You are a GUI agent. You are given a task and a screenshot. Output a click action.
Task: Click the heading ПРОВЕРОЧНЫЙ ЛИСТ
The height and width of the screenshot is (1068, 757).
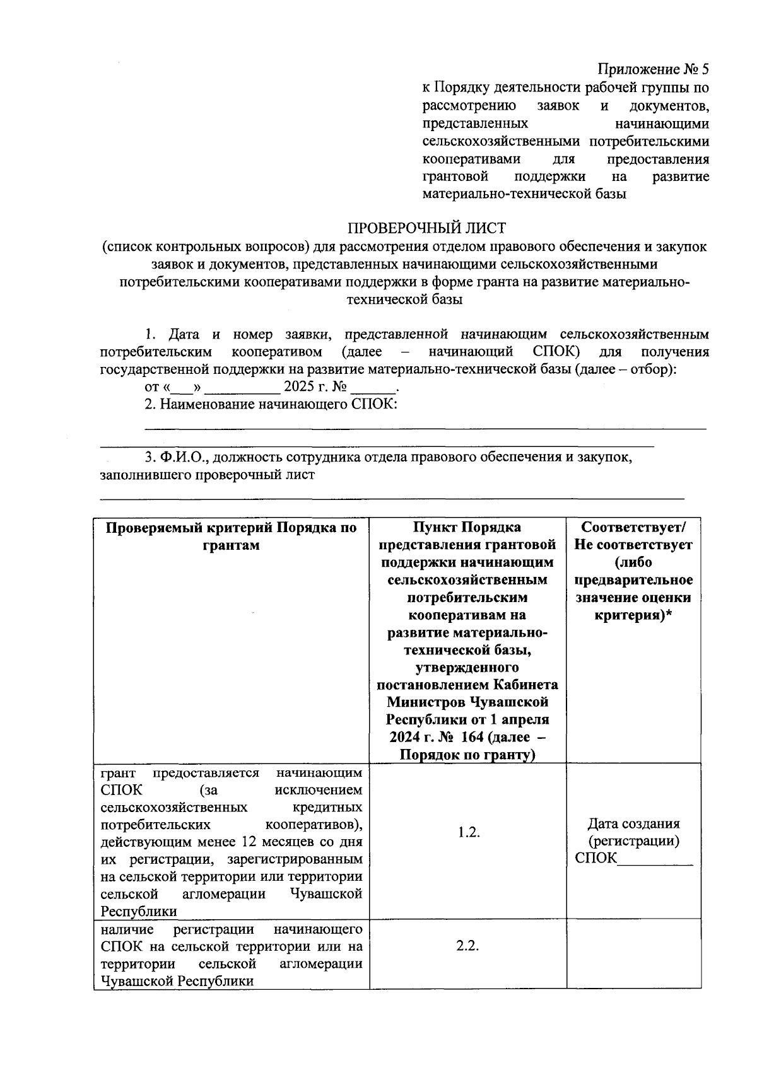[427, 227]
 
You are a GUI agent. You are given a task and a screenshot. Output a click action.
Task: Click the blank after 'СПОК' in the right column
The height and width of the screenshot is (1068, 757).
[655, 858]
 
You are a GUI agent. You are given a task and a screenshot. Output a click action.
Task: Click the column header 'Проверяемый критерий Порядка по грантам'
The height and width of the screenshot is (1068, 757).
[231, 536]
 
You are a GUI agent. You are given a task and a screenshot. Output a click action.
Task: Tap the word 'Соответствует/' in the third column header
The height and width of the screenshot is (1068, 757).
[633, 527]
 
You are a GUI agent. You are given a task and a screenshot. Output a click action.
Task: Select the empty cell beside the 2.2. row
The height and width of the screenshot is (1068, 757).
[633, 953]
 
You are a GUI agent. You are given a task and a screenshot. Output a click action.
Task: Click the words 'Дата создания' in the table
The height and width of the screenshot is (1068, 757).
[633, 823]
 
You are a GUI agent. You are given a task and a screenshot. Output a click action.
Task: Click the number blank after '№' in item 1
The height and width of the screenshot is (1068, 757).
[376, 388]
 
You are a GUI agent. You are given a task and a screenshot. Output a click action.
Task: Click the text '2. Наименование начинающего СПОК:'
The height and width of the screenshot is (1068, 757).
[271, 404]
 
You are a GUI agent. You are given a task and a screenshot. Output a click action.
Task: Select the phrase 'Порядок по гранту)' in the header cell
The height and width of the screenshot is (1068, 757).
[468, 755]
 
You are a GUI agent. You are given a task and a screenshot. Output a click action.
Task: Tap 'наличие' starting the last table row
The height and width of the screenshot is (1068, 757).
[126, 930]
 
